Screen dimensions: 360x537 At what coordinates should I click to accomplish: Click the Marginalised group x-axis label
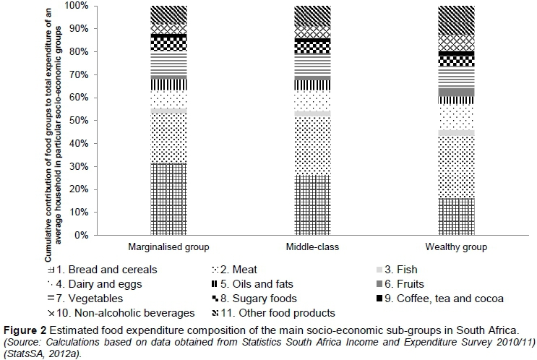point(169,247)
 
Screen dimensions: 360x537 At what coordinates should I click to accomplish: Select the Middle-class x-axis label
point(313,247)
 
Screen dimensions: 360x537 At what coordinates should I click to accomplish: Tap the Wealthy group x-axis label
point(457,247)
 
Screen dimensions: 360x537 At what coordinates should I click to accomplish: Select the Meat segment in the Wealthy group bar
point(457,167)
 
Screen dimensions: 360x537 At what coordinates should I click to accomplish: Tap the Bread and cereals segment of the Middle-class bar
point(313,205)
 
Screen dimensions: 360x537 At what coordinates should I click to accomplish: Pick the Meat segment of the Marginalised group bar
point(169,138)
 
